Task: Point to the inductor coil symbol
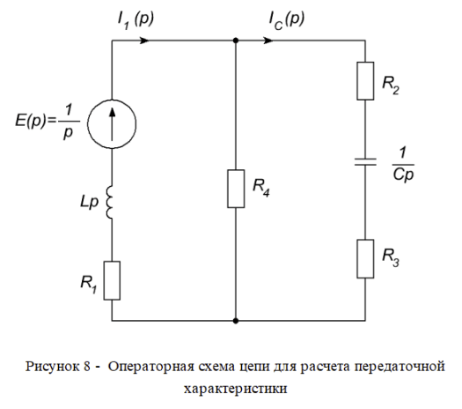[109, 202]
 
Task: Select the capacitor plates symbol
[365, 161]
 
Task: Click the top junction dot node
[236, 41]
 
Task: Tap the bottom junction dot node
[236, 321]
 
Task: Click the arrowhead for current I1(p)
[143, 41]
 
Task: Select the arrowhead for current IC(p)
[268, 41]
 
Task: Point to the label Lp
[89, 203]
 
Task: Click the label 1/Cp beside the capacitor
[403, 165]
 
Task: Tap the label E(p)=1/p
[48, 122]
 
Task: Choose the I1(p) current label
[136, 20]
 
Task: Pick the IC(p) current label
[286, 20]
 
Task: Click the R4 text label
[261, 188]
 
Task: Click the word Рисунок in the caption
[55, 367]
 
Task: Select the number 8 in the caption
[87, 367]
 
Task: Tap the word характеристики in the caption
[236, 390]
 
